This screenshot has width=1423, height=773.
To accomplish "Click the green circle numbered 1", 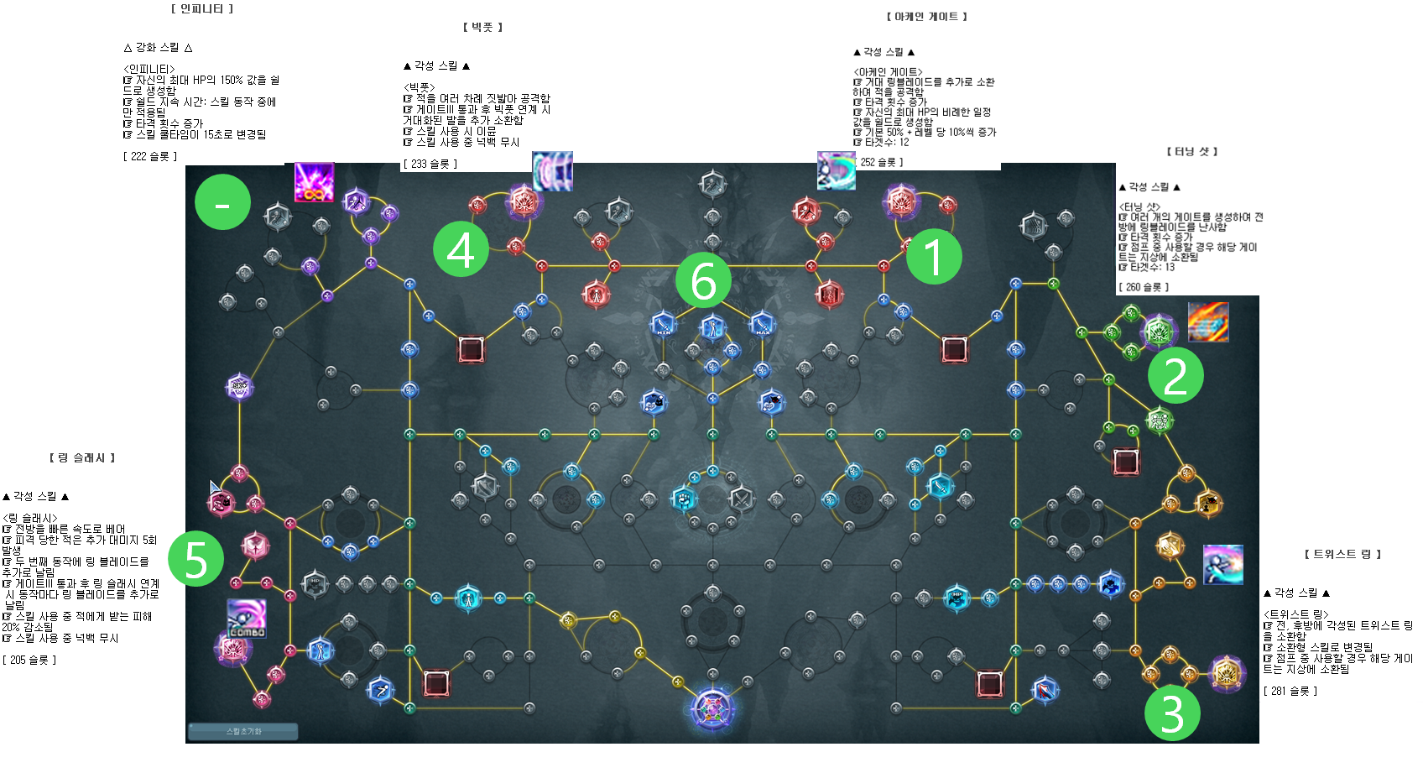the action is pos(934,256).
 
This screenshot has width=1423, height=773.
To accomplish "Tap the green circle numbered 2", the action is pos(1175,375).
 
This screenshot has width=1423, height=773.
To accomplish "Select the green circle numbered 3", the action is pos(1172,713).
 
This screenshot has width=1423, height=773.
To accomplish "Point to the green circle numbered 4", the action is pos(461,248).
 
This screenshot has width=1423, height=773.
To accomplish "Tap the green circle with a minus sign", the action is pos(222,202).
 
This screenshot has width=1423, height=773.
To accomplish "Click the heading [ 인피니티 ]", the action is pos(202,8).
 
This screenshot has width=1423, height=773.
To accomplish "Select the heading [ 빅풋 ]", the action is pos(482,27).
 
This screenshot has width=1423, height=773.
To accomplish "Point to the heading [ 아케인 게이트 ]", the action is pos(926,17).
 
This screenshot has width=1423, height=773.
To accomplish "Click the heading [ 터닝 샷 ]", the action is pos(1191,151).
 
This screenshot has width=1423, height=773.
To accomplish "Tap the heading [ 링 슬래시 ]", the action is pos(82,457).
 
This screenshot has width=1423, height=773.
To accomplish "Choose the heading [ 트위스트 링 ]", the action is pos(1342,554).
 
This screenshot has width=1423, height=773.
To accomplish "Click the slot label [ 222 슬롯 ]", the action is pos(150,156).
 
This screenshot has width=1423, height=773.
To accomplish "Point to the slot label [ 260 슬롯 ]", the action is pos(1144,287).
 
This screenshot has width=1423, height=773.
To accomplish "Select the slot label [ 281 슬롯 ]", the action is pos(1290,691).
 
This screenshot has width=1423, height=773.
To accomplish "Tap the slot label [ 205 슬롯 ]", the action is pos(29,660).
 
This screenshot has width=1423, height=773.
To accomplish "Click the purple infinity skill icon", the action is pos(314,182).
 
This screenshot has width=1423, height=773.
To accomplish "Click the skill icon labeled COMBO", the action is pos(247,619).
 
